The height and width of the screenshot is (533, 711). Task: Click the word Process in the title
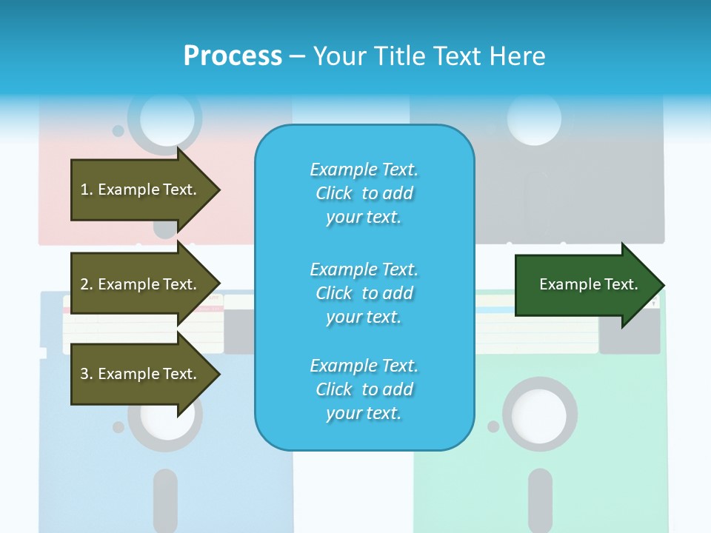(233, 56)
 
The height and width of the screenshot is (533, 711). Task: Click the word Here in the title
(518, 56)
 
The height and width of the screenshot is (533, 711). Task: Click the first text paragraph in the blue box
(364, 193)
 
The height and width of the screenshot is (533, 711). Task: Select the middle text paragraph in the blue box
(364, 293)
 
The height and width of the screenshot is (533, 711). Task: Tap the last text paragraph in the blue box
(364, 389)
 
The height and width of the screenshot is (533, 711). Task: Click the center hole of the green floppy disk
(539, 414)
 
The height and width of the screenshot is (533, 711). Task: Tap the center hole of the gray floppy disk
(535, 118)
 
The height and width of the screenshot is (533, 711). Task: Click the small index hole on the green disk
(493, 426)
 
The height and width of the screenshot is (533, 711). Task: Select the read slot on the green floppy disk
(541, 499)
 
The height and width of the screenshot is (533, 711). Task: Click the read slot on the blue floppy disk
(165, 499)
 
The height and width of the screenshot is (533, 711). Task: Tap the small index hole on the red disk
(118, 131)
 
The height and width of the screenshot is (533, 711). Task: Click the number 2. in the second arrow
(86, 284)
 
